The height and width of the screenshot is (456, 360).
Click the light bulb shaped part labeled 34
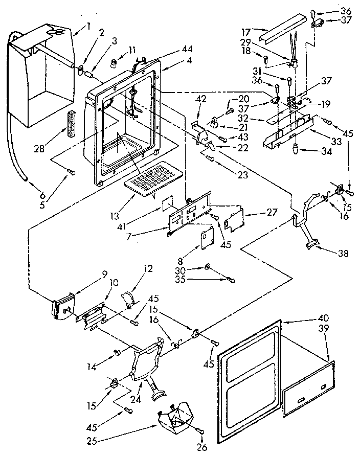coord(296,149)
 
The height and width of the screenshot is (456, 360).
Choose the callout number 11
coord(119,50)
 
